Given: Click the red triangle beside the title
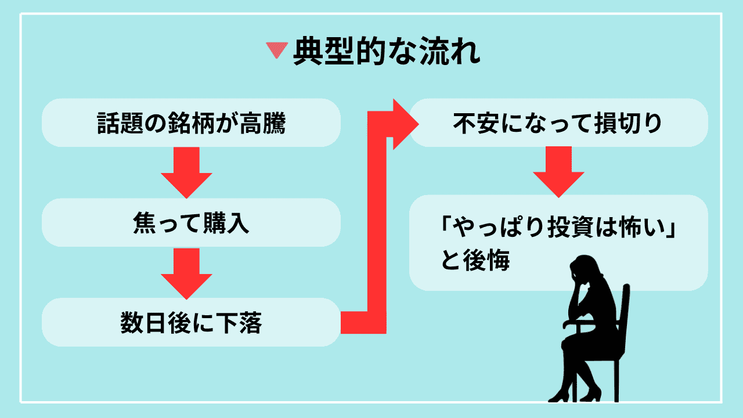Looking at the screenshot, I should pyautogui.click(x=277, y=52).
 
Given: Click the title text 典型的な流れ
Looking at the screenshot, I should pyautogui.click(x=387, y=52).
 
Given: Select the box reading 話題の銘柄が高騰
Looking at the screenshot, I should pyautogui.click(x=191, y=123).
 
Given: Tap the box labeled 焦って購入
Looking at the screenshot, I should pyautogui.click(x=191, y=223).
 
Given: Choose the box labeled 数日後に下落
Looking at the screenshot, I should pyautogui.click(x=191, y=323).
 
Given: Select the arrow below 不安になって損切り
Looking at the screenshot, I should pyautogui.click(x=558, y=171).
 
